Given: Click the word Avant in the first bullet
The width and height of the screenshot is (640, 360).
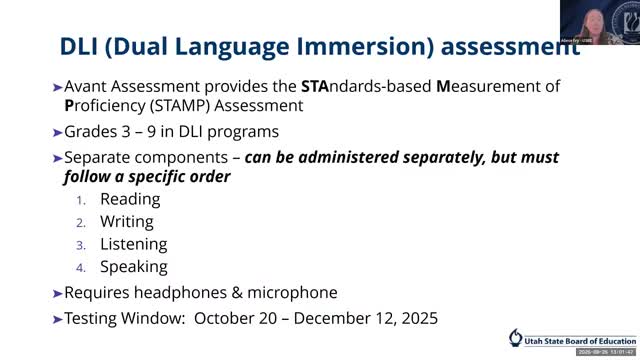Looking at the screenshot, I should [87, 87].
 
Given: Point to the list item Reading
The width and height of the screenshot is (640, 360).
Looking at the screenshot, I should [130, 199].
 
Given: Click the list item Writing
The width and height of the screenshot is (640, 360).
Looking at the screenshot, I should [127, 221].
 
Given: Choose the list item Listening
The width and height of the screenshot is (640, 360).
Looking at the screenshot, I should [134, 244].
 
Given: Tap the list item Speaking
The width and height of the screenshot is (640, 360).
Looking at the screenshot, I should [134, 267].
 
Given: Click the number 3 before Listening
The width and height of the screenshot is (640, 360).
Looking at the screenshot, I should [82, 245].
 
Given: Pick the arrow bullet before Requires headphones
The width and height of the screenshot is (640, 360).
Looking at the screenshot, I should [57, 294].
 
